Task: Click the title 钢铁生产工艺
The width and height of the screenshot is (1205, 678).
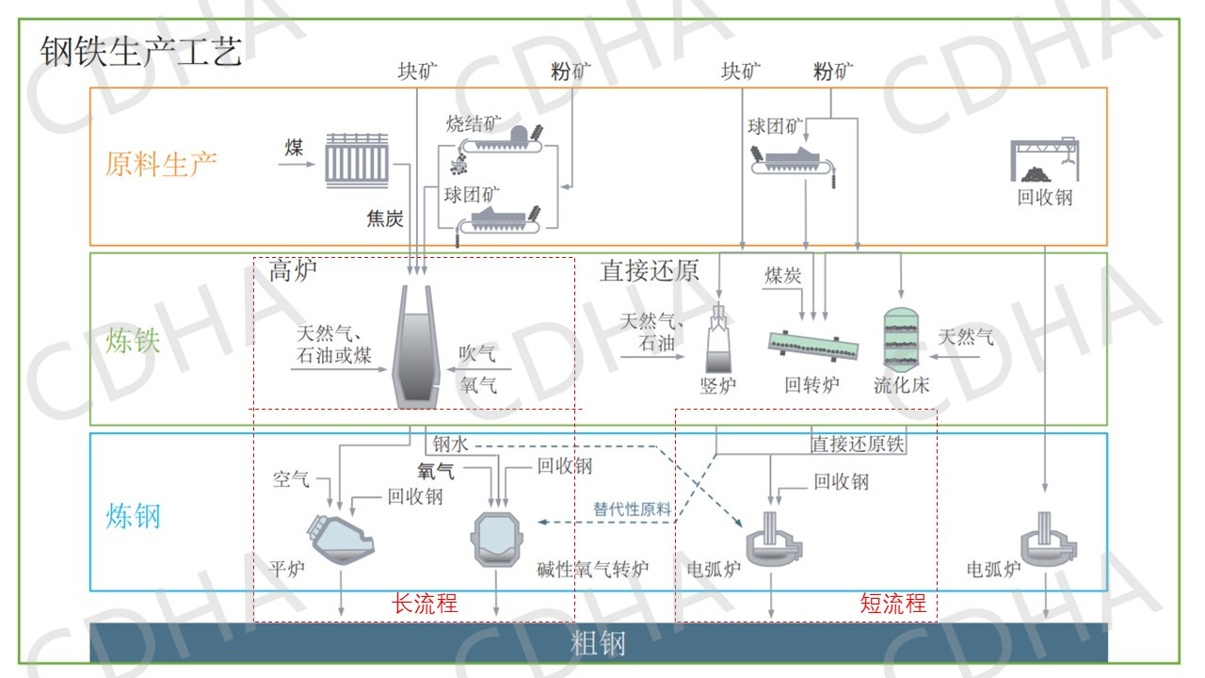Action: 141,51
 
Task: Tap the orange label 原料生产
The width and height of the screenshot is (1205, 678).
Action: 161,164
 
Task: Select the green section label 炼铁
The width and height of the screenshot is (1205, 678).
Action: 133,339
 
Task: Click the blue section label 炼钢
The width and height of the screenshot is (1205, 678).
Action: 133,515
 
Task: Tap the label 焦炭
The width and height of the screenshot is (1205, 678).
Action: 385,218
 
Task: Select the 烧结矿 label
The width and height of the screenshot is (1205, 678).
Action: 474,123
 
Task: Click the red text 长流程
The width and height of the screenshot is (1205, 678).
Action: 425,603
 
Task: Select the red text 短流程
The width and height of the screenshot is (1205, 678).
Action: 893,603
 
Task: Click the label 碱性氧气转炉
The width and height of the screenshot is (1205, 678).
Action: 593,569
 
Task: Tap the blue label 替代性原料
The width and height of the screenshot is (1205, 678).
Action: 633,508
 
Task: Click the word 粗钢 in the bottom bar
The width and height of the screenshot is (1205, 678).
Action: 598,644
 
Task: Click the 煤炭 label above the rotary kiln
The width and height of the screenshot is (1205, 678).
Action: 783,275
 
